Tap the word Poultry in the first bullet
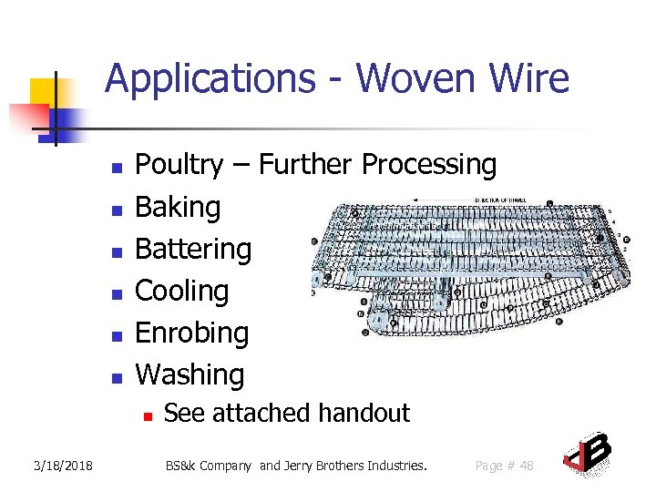tap(179, 165)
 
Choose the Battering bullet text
tap(193, 249)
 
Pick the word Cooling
tap(181, 291)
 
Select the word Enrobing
tap(191, 333)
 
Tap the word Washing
tap(190, 374)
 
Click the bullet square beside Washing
tap(116, 377)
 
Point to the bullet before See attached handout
tap(146, 415)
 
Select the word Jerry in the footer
tap(301, 466)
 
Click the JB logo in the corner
tap(587, 455)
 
